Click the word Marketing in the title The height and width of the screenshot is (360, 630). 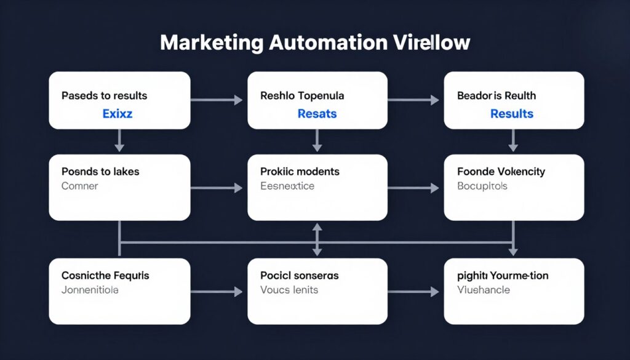[210, 44]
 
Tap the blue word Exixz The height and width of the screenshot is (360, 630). [118, 114]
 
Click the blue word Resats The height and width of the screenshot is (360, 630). [317, 114]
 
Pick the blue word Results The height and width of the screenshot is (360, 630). [511, 114]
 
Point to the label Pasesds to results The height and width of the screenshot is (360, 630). [104, 96]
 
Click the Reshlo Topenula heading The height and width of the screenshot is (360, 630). [302, 96]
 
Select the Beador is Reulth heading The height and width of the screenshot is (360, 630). [496, 96]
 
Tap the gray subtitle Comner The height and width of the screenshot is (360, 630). [79, 185]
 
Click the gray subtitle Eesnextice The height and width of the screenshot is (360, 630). [287, 185]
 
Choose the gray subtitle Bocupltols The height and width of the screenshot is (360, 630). [482, 185]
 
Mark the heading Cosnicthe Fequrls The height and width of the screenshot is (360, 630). [105, 275]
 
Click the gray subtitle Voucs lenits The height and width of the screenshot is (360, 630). [289, 289]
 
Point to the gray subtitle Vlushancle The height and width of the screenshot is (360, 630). [484, 289]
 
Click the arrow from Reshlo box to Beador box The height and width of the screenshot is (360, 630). [415, 100]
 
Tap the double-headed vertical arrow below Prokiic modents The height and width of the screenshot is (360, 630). [317, 239]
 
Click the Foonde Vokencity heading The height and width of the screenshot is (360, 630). [501, 172]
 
